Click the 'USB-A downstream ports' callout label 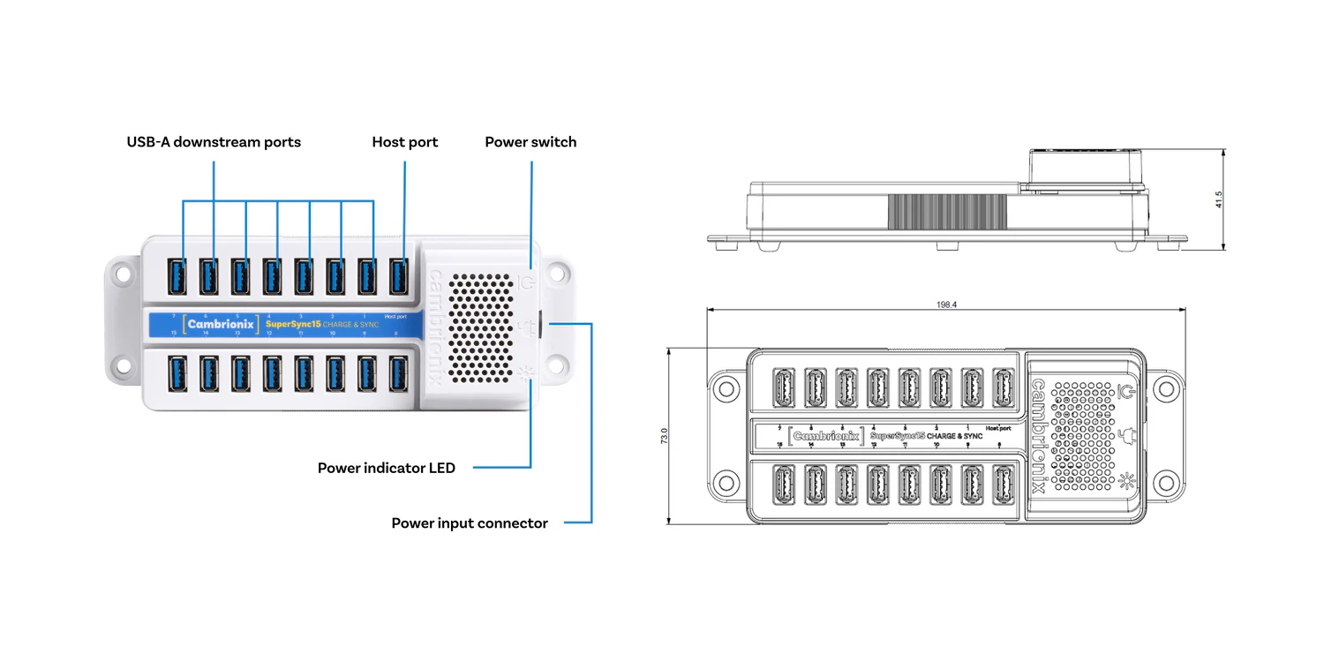pyautogui.click(x=214, y=142)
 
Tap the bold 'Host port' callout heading pyautogui.click(x=404, y=142)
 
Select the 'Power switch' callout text pyautogui.click(x=530, y=142)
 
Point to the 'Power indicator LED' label pyautogui.click(x=387, y=468)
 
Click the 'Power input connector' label pyautogui.click(x=470, y=523)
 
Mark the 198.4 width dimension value pyautogui.click(x=946, y=304)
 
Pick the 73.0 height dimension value pyautogui.click(x=665, y=436)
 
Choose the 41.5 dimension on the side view pyautogui.click(x=1219, y=199)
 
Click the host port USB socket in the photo pyautogui.click(x=399, y=276)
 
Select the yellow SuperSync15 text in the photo pyautogui.click(x=292, y=324)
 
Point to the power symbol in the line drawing pyautogui.click(x=1126, y=390)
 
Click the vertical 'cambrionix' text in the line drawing pyautogui.click(x=1039, y=435)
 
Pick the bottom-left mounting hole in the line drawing pyautogui.click(x=726, y=483)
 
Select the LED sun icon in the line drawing pyautogui.click(x=1126, y=481)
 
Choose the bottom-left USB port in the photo pyautogui.click(x=177, y=373)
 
